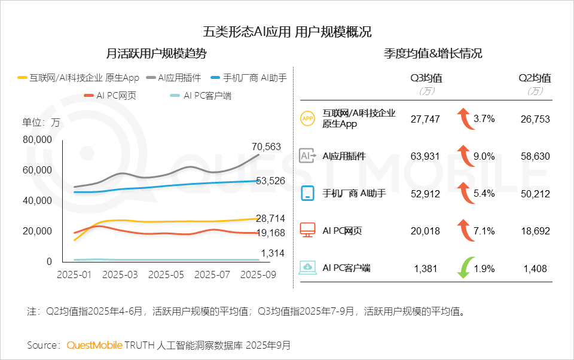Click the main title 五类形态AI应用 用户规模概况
(287, 32)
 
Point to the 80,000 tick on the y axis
(37, 139)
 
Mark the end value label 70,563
(266, 147)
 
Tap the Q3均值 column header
(426, 78)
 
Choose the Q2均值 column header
(535, 78)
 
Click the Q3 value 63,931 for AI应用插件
(425, 156)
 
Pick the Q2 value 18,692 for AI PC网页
(534, 231)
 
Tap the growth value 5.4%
(484, 193)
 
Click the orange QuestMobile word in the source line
(94, 345)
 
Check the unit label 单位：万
(41, 122)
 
